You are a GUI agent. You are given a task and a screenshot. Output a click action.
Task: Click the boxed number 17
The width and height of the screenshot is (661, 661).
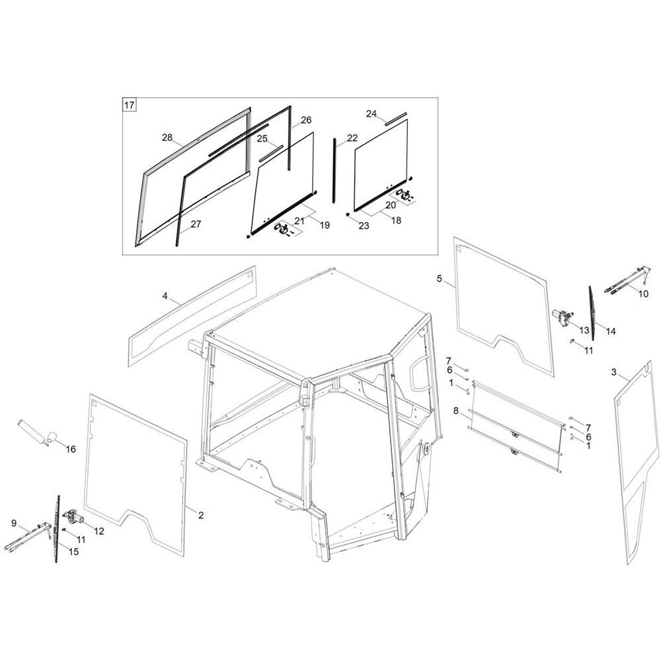click(129, 104)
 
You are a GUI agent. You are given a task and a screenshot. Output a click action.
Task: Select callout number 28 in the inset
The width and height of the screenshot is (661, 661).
click(167, 137)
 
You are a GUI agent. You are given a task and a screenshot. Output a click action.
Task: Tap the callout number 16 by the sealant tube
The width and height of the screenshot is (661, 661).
click(71, 449)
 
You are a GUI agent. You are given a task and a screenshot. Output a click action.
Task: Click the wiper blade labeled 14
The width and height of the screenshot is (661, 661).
click(592, 307)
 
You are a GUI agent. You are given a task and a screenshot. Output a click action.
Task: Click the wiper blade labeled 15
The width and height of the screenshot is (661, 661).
click(57, 529)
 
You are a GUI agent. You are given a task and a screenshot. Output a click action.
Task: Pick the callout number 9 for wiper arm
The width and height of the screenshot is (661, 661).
click(14, 523)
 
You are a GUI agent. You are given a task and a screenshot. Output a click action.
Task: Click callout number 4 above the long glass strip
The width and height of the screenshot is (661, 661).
click(165, 296)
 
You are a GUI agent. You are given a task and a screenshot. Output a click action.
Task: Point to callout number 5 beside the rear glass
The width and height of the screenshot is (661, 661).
click(440, 279)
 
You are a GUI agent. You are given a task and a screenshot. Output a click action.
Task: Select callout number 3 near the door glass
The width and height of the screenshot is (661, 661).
click(614, 372)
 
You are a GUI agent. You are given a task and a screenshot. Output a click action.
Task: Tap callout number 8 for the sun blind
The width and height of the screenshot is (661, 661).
click(456, 410)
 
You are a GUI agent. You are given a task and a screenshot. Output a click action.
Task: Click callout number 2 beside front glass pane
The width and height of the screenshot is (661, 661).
click(201, 515)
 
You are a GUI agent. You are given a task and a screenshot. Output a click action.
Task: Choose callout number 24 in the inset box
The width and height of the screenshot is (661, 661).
click(371, 114)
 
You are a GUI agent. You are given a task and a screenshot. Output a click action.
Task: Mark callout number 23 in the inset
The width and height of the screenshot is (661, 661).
click(364, 225)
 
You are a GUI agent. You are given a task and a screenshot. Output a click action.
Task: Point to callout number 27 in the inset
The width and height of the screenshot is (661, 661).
click(196, 224)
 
